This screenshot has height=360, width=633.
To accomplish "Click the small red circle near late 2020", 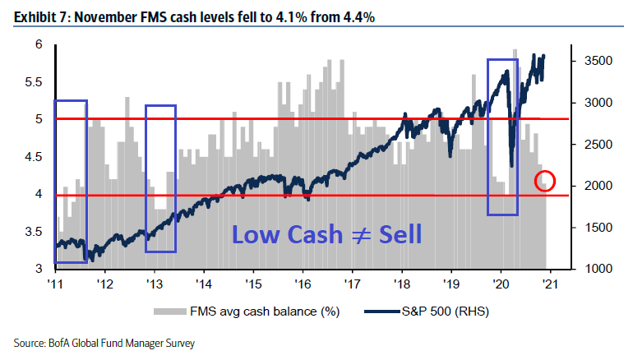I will point(544,181).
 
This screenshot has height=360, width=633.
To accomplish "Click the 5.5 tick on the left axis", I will point(33,82).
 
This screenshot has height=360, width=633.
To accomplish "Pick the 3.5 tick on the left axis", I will point(33,232).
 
